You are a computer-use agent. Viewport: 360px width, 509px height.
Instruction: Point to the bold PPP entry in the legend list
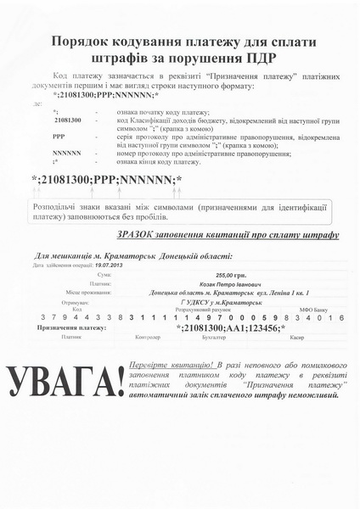[59, 136]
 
